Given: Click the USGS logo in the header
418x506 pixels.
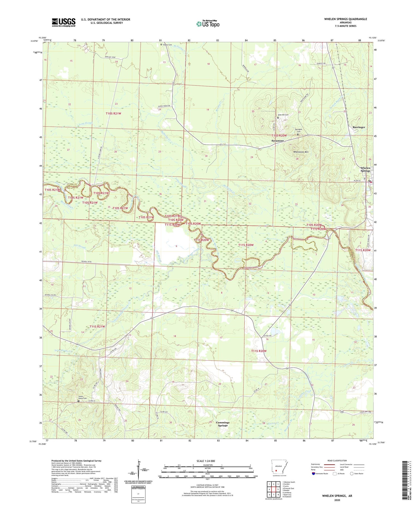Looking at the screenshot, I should pos(64,22).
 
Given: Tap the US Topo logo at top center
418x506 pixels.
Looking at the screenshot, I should pos(208,24).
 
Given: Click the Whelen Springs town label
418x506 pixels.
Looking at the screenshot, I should pos(365,169).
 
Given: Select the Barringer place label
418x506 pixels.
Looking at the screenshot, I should pos(359,127).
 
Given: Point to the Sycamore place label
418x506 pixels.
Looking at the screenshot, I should pos(278,141).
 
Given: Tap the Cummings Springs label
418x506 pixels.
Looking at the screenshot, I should pos(223,424).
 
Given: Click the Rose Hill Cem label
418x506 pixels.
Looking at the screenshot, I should pos(283,115).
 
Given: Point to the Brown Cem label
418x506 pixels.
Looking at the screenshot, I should pos(167,45).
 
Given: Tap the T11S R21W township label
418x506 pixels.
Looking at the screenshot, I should pos(97,326).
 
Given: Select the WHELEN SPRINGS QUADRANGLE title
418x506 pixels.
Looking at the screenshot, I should pos(345,19).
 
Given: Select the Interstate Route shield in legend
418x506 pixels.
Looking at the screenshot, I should pos(314,474).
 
